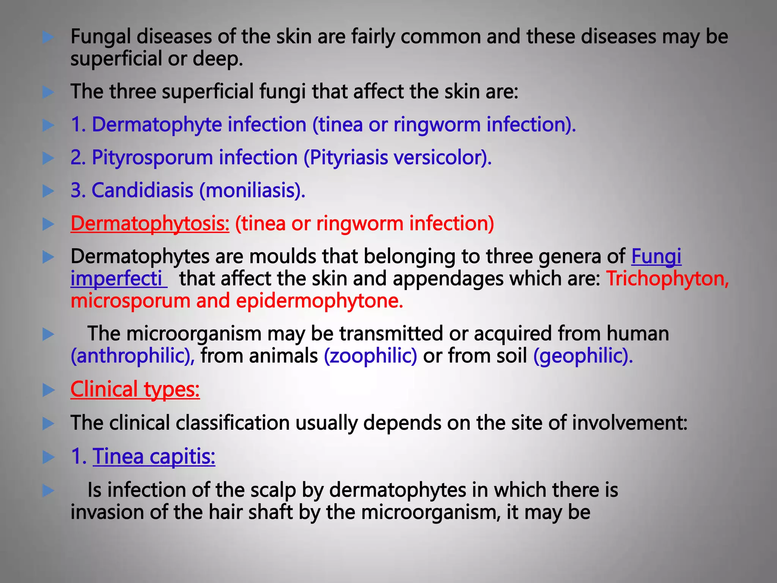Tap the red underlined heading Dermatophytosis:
[x=150, y=224]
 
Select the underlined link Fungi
[x=656, y=257]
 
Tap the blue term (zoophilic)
[x=370, y=356]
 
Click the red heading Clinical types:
[x=135, y=389]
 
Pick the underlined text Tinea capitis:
[x=154, y=456]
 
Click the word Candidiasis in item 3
[x=143, y=190]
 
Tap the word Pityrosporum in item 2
[x=152, y=158]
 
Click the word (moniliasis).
[x=252, y=190]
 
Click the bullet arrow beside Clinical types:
[x=48, y=390]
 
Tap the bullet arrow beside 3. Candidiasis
[x=48, y=191]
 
